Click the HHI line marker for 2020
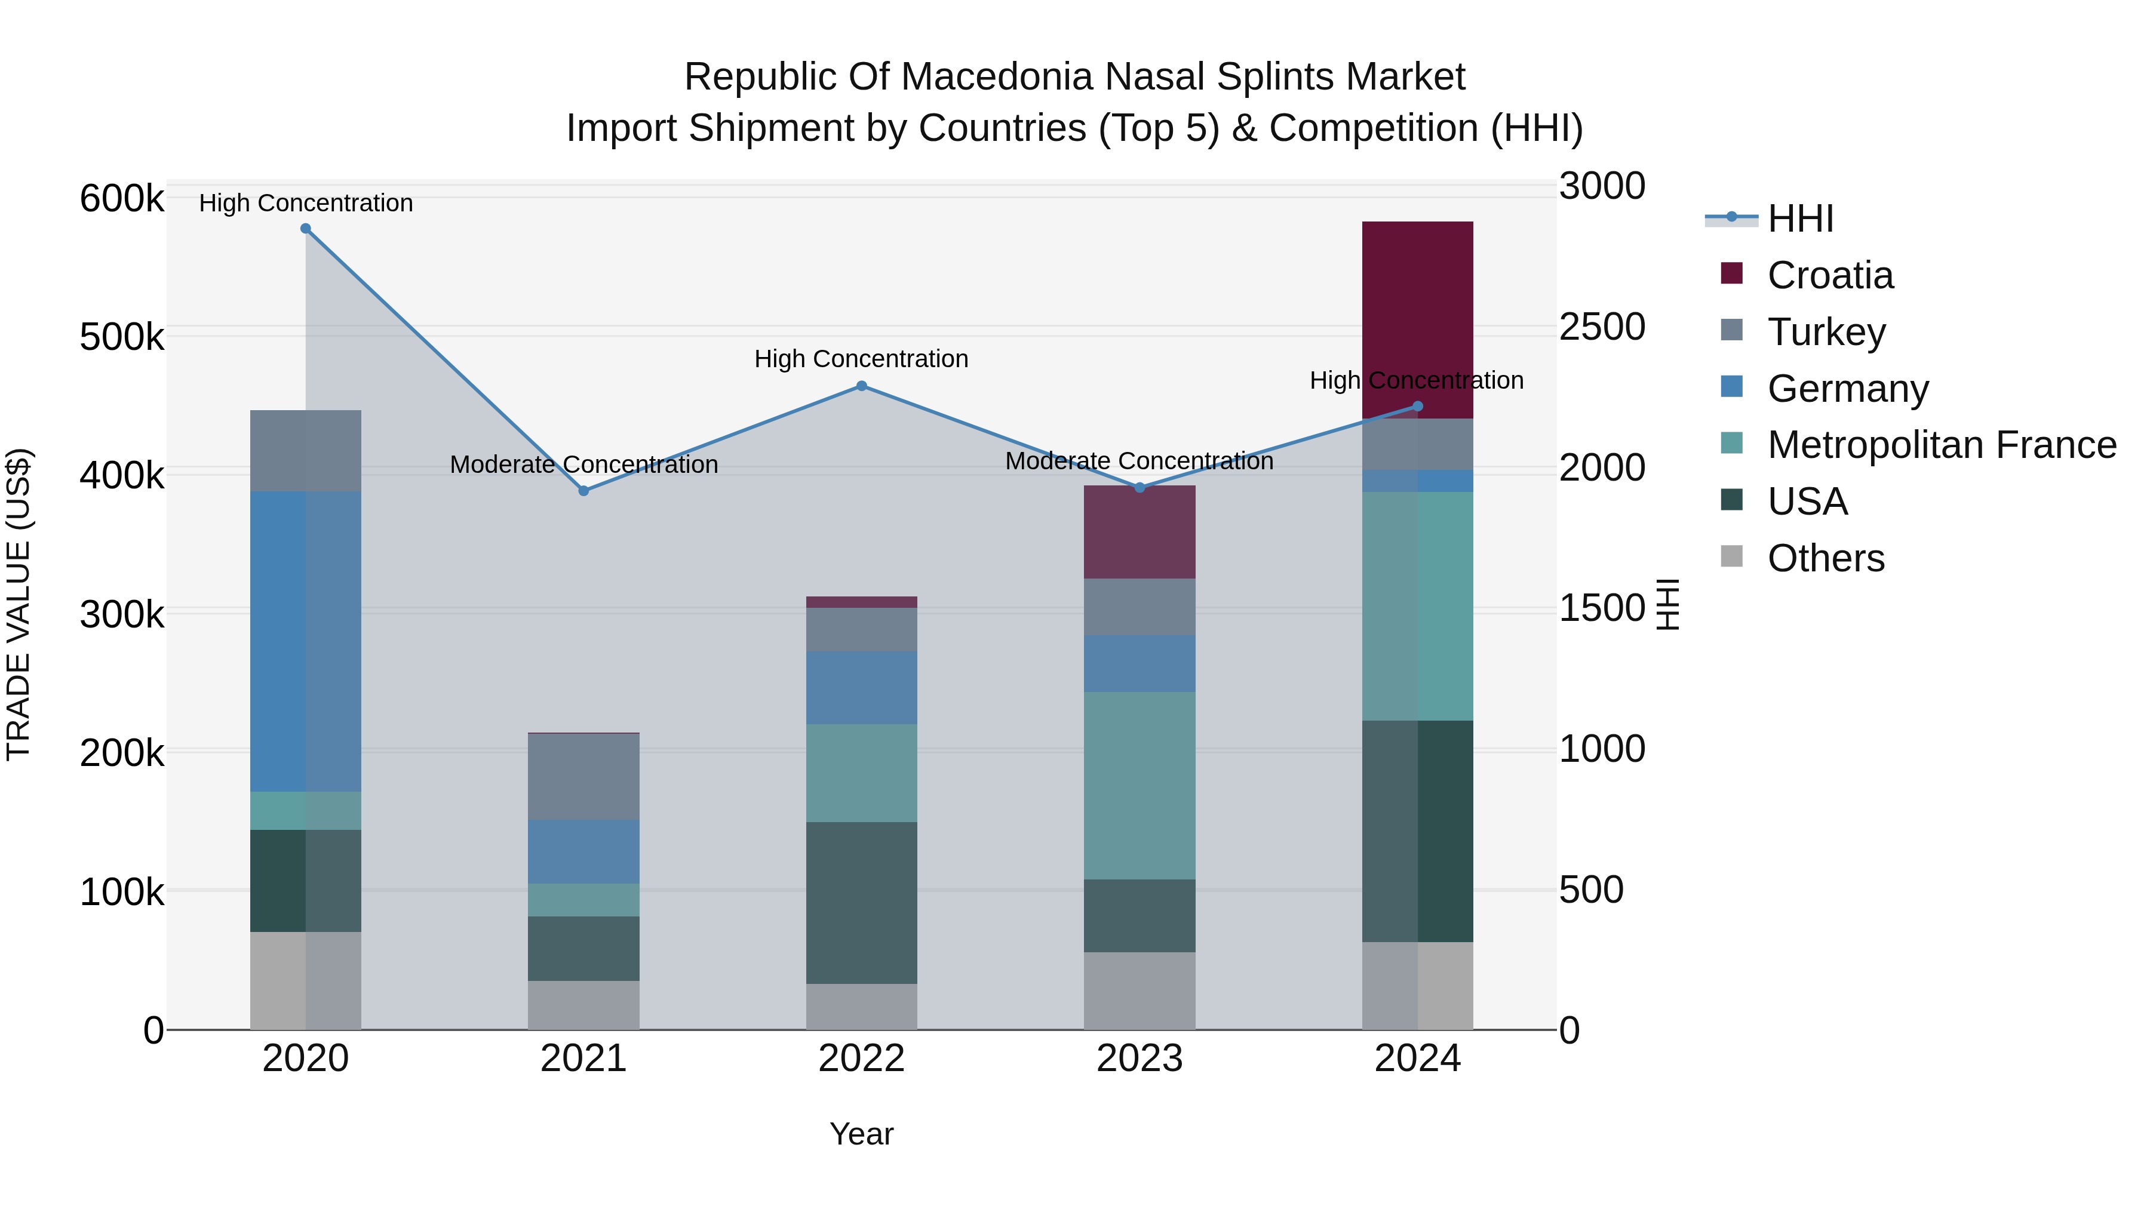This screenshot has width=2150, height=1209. click(305, 229)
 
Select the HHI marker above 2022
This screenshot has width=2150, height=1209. click(861, 386)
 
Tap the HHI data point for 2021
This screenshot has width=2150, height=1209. click(583, 491)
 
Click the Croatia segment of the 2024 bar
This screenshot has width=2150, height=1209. click(1417, 319)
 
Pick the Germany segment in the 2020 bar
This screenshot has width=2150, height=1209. click(305, 641)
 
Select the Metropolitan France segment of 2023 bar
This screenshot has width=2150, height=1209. click(1139, 785)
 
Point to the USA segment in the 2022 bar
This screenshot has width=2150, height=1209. click(861, 903)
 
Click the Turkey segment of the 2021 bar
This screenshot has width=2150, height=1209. click(583, 776)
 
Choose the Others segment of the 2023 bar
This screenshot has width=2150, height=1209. click(1139, 990)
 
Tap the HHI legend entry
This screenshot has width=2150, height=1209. click(1799, 219)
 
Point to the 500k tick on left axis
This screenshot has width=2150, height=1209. click(122, 338)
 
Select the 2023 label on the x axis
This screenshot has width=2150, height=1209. click(1139, 1059)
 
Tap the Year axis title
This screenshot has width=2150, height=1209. click(861, 1134)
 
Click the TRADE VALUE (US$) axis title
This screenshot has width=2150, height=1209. click(19, 604)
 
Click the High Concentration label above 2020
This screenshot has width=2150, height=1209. click(305, 203)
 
